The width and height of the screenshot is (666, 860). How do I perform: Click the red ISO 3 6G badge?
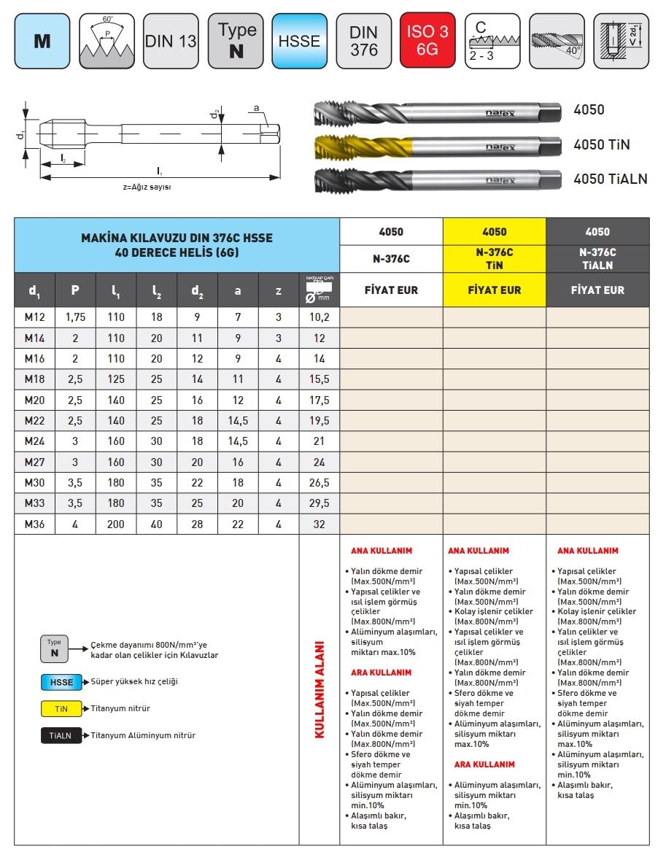click(x=427, y=41)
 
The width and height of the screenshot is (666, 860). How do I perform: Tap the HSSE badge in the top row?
click(x=299, y=41)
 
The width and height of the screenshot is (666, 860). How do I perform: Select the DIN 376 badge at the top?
click(x=363, y=41)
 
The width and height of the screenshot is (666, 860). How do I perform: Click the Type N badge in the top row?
click(x=236, y=41)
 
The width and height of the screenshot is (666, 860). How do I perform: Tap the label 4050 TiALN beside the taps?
click(x=610, y=179)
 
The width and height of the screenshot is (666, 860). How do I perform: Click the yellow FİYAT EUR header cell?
click(x=494, y=290)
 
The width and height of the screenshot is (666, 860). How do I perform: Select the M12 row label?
click(x=34, y=317)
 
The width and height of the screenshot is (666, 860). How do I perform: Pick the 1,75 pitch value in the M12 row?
click(x=76, y=317)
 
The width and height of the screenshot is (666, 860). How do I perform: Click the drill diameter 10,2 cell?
click(x=319, y=317)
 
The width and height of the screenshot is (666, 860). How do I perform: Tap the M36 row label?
click(x=34, y=524)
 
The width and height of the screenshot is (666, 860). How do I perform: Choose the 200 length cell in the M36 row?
click(x=116, y=524)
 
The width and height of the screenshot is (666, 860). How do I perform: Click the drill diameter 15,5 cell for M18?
click(x=319, y=379)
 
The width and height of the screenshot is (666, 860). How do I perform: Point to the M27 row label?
click(x=34, y=462)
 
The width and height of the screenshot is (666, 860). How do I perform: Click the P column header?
click(x=75, y=290)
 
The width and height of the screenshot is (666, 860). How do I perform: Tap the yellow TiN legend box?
click(x=61, y=708)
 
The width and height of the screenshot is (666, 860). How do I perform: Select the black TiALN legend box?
click(x=61, y=735)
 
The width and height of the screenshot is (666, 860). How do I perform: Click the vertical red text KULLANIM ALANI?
click(x=319, y=690)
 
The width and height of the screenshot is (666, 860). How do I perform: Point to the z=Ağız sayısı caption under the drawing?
click(x=152, y=187)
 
